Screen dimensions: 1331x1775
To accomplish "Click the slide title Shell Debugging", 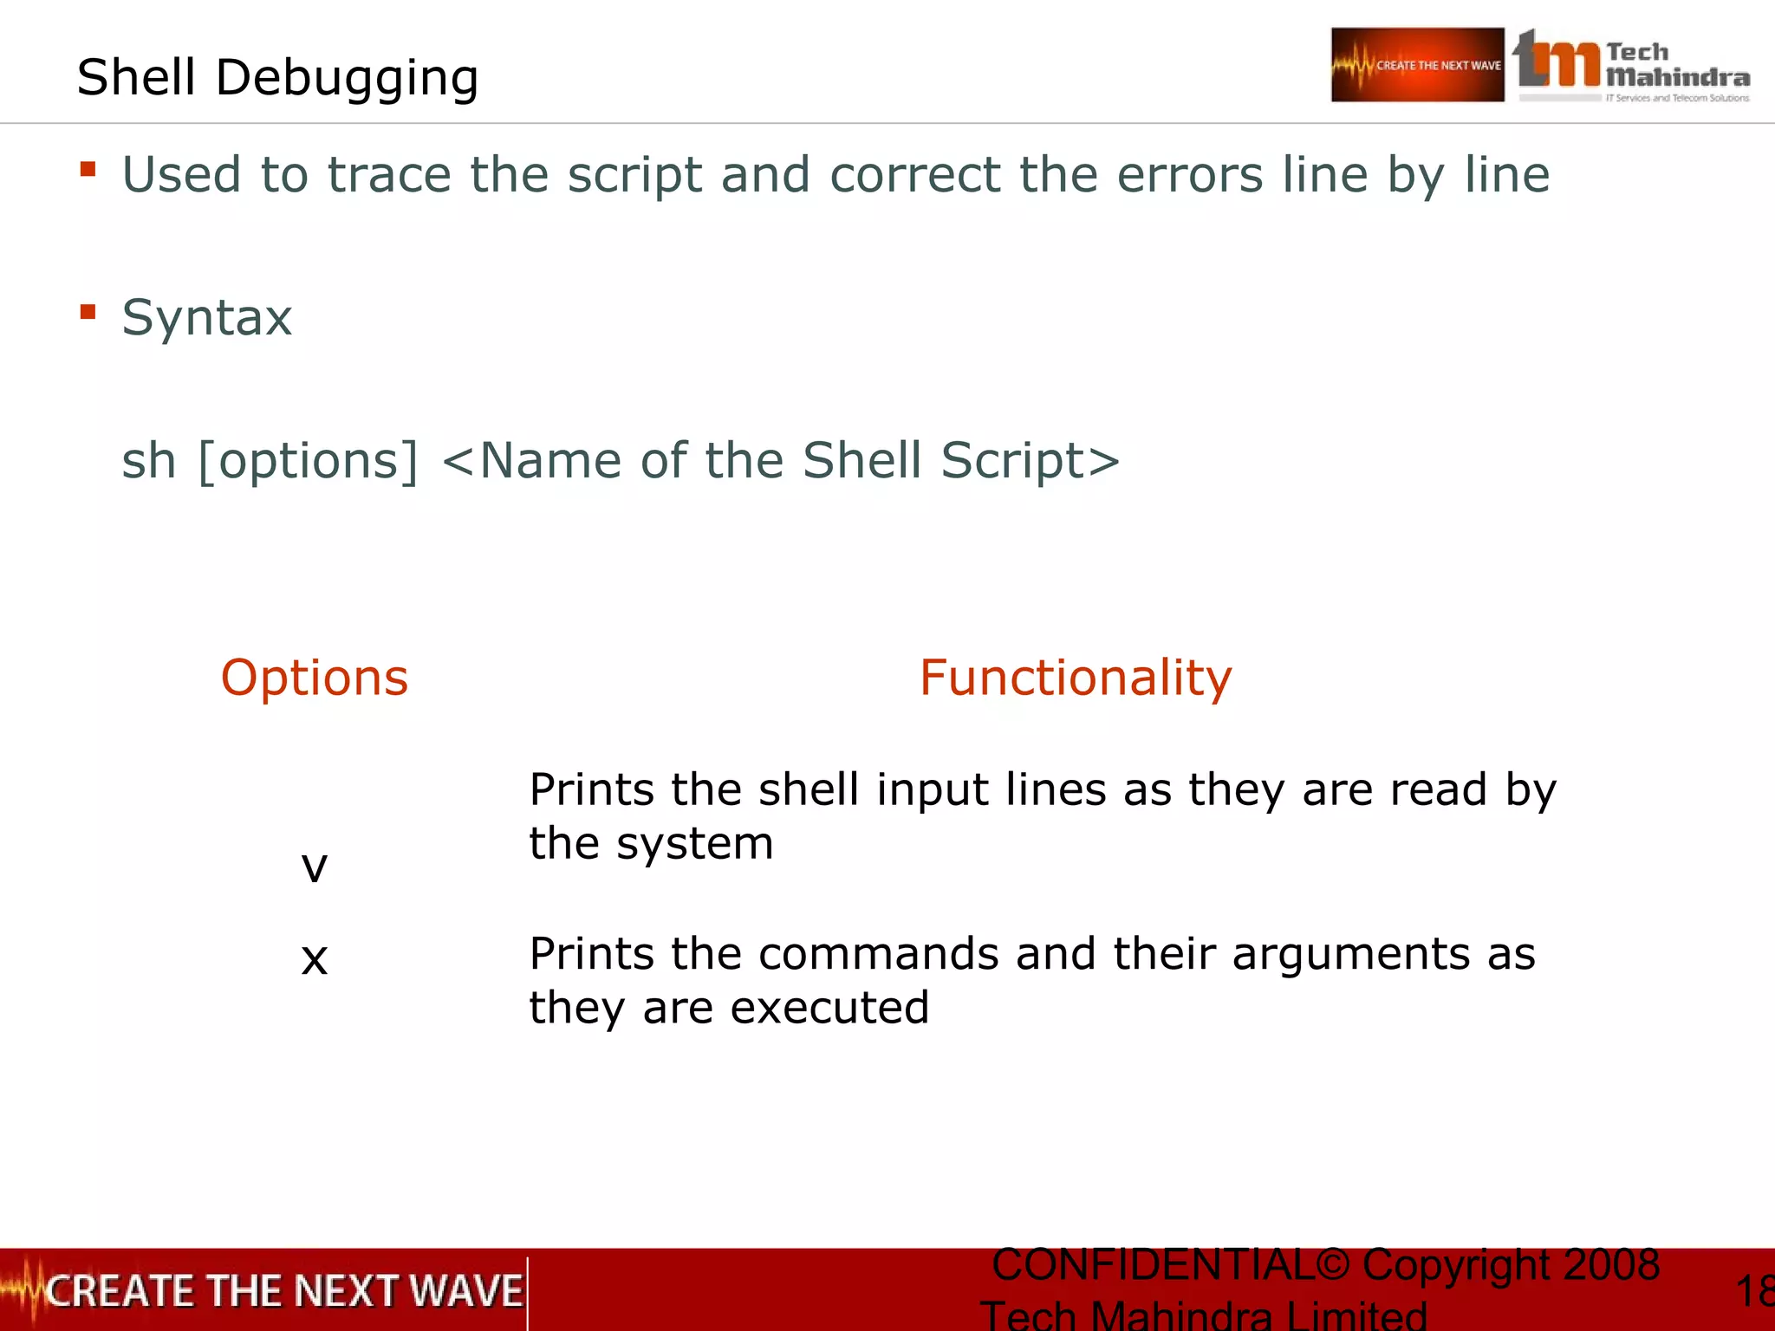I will coord(277,78).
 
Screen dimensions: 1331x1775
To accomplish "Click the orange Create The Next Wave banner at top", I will coord(1417,65).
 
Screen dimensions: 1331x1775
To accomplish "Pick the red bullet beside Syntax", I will coord(88,311).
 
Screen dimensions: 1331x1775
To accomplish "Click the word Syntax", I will coord(207,318).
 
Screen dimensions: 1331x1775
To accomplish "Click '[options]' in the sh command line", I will coord(309,460).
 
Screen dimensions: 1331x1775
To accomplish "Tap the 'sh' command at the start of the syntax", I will coord(148,460).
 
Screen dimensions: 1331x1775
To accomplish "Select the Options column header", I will coord(315,678).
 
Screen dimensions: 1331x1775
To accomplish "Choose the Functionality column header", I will coord(1076,678).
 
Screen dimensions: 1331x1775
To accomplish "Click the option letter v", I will coord(315,866).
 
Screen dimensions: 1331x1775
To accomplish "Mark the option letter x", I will coord(315,959).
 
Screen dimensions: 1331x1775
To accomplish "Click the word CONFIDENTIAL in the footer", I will coord(1153,1265).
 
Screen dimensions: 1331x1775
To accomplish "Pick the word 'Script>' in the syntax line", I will coord(1031,460).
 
